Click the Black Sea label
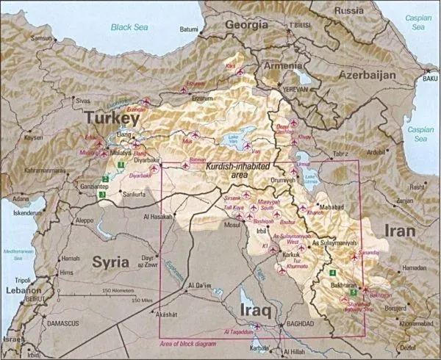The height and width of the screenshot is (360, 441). (129, 27)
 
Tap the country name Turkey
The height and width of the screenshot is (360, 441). (111, 118)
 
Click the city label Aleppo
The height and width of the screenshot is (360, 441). (85, 220)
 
